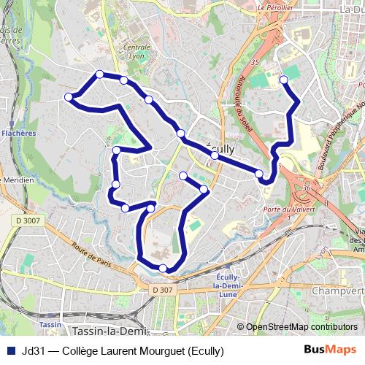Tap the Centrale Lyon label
[x=137, y=52]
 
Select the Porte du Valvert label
[x=283, y=210]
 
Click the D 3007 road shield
[x=28, y=220]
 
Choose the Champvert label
[x=337, y=291]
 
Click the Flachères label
[x=18, y=134]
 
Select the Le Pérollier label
[x=275, y=7]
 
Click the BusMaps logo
[x=330, y=350]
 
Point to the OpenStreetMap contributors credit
[x=301, y=327]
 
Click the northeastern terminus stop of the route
[x=283, y=80]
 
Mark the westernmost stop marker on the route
[x=69, y=96]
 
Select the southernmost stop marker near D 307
[x=163, y=269]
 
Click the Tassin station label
[x=50, y=323]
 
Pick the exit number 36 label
[x=307, y=188]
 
